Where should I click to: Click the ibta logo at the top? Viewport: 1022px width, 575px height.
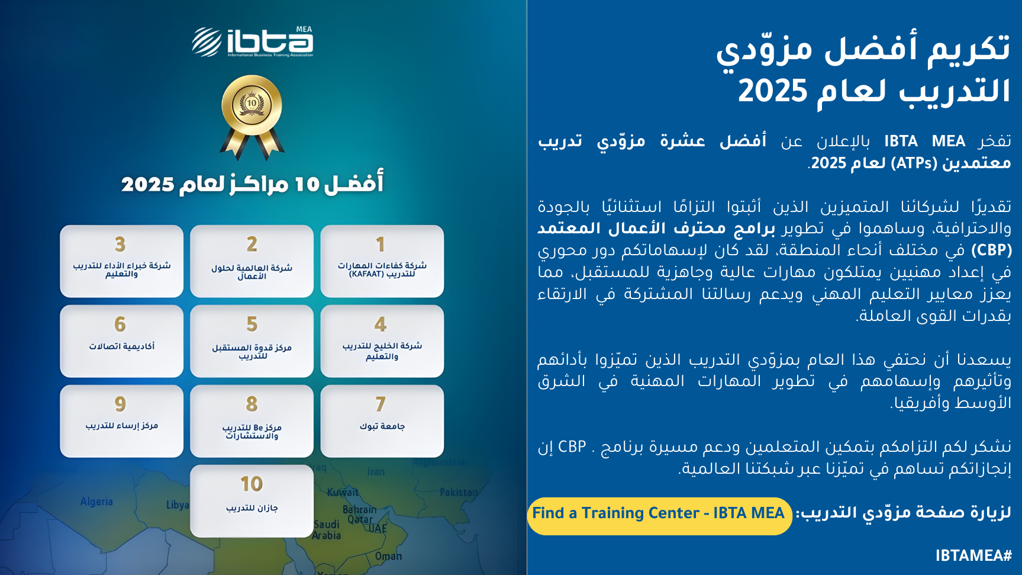(253, 41)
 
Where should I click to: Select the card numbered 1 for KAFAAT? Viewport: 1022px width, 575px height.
(382, 261)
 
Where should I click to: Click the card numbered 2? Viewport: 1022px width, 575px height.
(252, 261)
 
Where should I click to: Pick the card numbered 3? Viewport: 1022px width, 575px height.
(122, 261)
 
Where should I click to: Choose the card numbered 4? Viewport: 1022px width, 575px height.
(382, 341)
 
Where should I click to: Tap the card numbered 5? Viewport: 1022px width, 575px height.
(252, 341)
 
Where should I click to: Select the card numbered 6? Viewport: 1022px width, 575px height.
(122, 341)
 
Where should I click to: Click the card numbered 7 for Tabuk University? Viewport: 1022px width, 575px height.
(382, 421)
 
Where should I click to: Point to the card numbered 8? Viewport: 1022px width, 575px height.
(252, 421)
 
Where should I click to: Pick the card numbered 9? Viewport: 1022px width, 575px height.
(122, 421)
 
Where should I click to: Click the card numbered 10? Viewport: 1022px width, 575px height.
(252, 501)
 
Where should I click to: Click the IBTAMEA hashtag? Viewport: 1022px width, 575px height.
(973, 555)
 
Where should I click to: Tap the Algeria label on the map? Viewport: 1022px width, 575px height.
(96, 502)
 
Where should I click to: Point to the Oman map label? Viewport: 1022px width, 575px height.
(388, 556)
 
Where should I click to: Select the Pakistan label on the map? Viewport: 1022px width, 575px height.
(459, 492)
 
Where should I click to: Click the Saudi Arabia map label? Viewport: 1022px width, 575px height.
(327, 529)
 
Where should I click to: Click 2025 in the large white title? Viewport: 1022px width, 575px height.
(773, 91)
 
